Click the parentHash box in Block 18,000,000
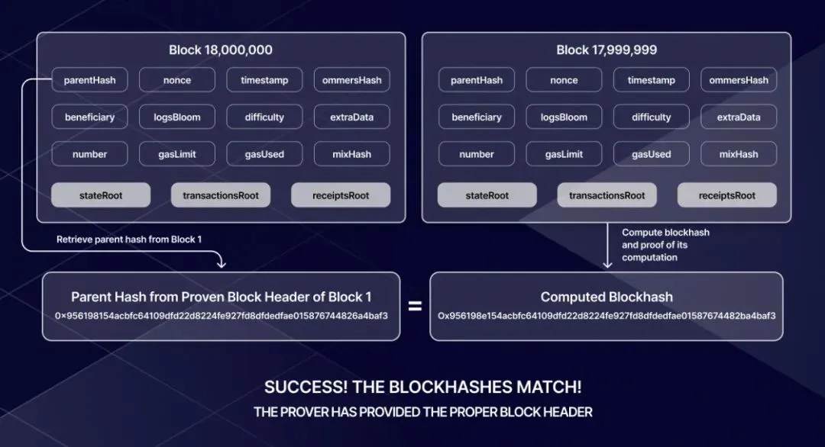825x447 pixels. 89,80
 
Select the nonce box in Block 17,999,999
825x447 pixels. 564,80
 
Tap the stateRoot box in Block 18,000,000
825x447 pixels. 101,195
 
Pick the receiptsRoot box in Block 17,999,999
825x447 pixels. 726,195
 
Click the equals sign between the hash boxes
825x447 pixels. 415,306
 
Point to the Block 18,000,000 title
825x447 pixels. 221,50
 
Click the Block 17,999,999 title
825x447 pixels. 607,50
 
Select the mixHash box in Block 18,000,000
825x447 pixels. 352,154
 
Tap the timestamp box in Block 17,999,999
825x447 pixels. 652,80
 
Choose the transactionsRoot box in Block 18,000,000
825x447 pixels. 221,195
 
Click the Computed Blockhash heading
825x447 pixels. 607,297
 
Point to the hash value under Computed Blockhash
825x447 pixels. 607,316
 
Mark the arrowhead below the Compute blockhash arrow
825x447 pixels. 608,264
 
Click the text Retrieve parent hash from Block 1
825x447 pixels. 129,240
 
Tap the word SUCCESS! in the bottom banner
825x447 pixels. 306,387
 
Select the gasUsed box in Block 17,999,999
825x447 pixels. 652,154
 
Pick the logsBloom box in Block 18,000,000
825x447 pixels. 176,117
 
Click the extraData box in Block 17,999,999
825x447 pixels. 739,117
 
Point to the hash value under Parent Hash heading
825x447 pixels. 222,316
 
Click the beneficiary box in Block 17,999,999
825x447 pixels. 477,117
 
